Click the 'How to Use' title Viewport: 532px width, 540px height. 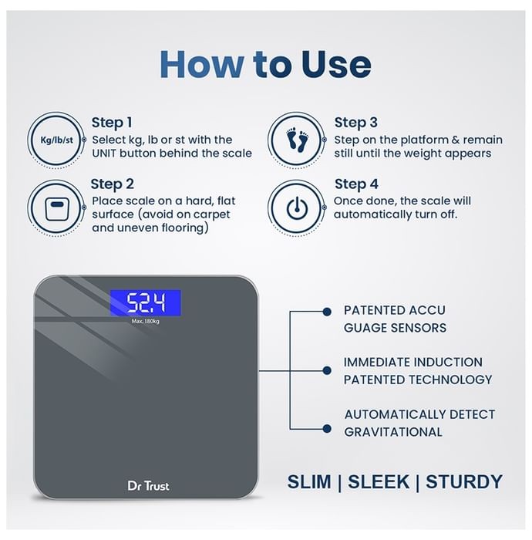tap(265, 64)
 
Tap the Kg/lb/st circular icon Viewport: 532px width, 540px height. tap(56, 140)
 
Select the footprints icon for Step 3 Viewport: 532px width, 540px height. tap(297, 140)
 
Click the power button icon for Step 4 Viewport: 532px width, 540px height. tap(297, 208)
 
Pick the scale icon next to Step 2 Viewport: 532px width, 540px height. tap(56, 208)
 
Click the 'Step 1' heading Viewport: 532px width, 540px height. tap(112, 123)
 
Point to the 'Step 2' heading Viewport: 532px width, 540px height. tap(112, 184)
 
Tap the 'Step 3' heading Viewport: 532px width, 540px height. tap(355, 123)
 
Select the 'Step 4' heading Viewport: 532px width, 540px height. tap(356, 184)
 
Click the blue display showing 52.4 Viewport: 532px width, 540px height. tap(146, 302)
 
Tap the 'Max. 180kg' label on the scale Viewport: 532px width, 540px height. tap(146, 322)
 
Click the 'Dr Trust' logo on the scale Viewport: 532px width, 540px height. tap(148, 486)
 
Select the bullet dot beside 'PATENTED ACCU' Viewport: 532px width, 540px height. tap(327, 312)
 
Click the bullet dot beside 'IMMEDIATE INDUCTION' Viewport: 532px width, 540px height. tap(327, 370)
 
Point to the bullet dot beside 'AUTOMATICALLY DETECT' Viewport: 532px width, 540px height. tap(327, 429)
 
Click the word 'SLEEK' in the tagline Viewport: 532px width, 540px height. tap(379, 481)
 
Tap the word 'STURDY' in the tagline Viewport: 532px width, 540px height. tap(464, 481)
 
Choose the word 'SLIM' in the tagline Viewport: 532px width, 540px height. tap(309, 481)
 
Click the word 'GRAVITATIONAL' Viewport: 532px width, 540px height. tap(393, 432)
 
